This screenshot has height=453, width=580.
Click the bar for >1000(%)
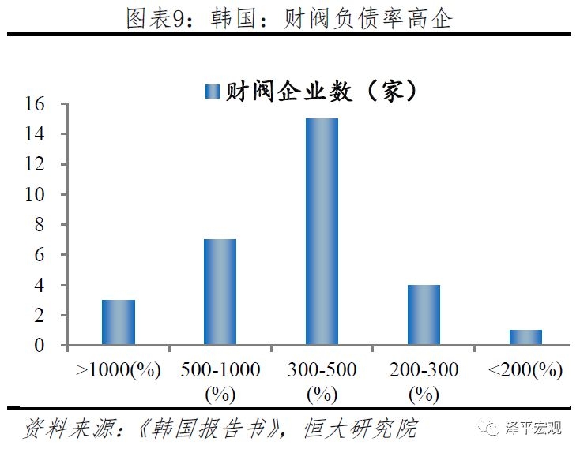coord(119,322)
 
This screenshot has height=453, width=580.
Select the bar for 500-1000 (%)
coord(220,292)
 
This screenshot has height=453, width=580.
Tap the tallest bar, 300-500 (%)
coord(322,232)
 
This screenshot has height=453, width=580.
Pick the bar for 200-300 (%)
coord(424,315)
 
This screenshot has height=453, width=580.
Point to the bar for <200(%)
coord(525,337)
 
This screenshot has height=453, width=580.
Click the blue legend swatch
coord(212,91)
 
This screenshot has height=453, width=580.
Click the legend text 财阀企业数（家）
coord(321,91)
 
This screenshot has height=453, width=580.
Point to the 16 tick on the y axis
coord(43,104)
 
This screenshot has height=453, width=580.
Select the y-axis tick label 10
coord(43,195)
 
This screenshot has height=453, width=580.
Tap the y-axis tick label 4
coord(48,286)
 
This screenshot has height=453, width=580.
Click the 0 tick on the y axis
coord(48,346)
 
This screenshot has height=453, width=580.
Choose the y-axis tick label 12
coord(43,165)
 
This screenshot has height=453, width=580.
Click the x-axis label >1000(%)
coord(118,370)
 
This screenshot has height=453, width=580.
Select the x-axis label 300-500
coord(322,370)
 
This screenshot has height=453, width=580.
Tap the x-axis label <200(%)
coord(525,370)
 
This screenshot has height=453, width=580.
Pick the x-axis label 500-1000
coord(220,370)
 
